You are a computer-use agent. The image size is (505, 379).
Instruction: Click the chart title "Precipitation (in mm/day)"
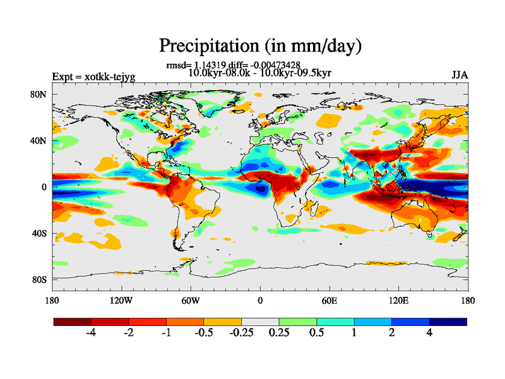pyautogui.click(x=260, y=45)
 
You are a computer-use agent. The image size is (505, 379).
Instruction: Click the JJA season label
pyautogui.click(x=460, y=76)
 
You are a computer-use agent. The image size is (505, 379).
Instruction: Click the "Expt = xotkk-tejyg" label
pyautogui.click(x=93, y=77)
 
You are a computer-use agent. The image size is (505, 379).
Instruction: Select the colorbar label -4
pyautogui.click(x=92, y=333)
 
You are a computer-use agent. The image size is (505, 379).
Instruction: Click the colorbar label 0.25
pyautogui.click(x=279, y=333)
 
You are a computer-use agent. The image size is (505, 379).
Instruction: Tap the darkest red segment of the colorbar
pyautogui.click(x=73, y=322)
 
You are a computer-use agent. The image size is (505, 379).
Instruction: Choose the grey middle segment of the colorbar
pyautogui.click(x=260, y=322)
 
